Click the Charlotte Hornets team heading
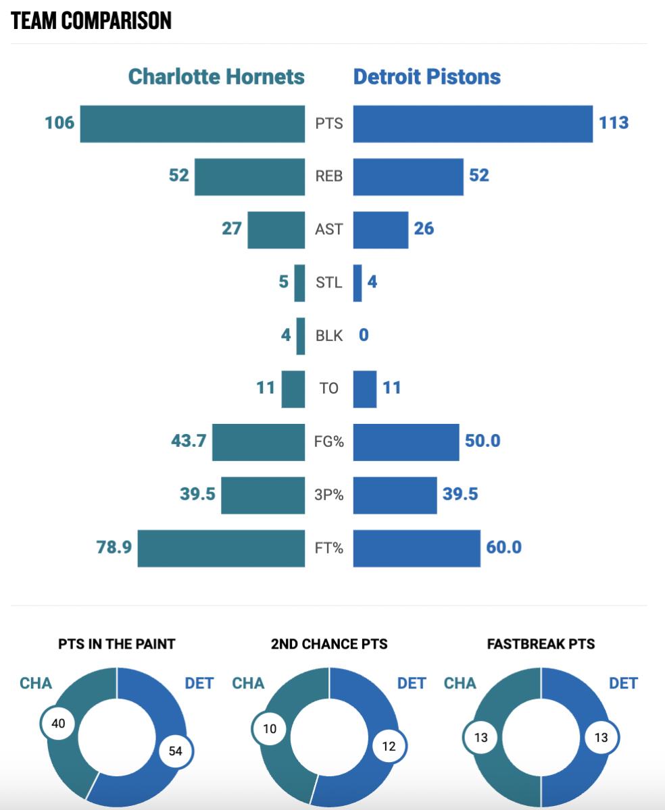216,76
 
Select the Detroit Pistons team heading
426,76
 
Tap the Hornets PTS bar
192,124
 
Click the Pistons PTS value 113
613,123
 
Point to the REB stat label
329,176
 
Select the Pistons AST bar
380,230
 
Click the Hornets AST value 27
232,229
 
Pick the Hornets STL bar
299,282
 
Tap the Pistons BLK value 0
364,335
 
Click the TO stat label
329,388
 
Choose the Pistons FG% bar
406,441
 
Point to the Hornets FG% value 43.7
189,441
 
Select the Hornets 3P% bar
263,495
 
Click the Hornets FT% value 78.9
114,547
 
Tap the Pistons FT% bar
416,547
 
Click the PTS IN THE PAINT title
117,644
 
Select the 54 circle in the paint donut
176,751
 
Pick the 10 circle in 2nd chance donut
269,729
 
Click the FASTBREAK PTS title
541,644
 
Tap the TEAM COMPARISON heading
91,21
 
